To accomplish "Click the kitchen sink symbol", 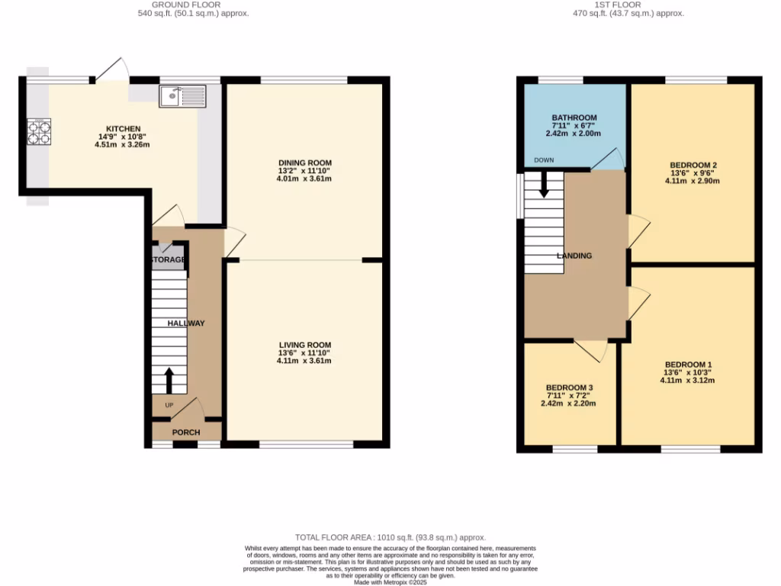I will pos(182,95).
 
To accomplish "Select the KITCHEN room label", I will pos(123,128).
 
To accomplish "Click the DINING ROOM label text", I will pos(304,163).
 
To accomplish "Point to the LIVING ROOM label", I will pos(304,344).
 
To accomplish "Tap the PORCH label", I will pos(185,433).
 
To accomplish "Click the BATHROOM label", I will pos(574,118).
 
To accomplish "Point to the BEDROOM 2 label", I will pos(693,165).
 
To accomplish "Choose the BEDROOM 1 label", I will pos(688,364).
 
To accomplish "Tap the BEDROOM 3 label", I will pos(569,388).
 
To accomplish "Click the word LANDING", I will pos(574,256).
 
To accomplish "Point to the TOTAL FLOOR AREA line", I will pos(390,538).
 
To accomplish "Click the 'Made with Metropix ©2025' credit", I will pos(390,582).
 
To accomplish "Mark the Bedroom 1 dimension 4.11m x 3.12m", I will pos(688,380).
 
